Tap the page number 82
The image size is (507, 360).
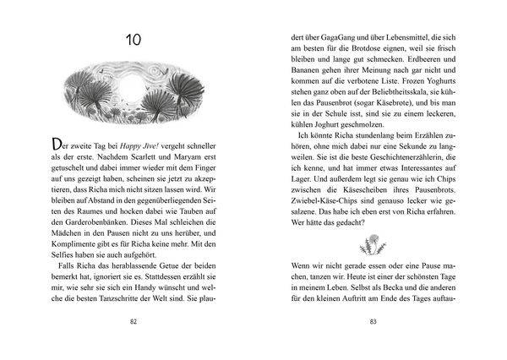[134, 322]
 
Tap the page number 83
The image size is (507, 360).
[373, 322]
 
